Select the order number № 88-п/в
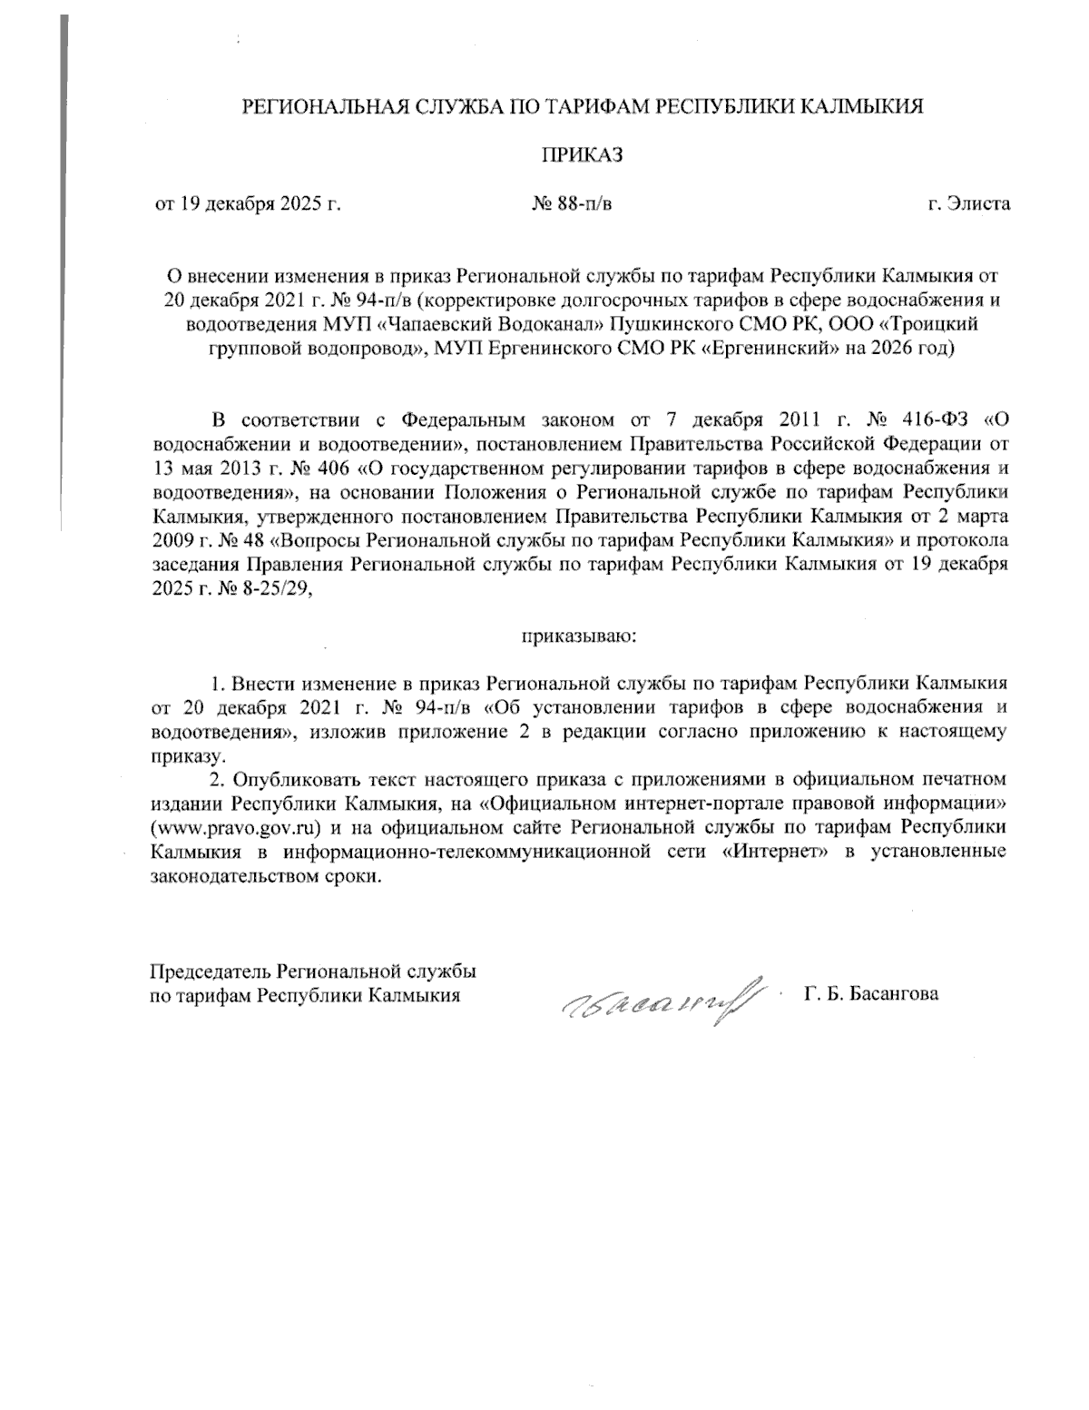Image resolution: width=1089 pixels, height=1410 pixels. (x=572, y=203)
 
